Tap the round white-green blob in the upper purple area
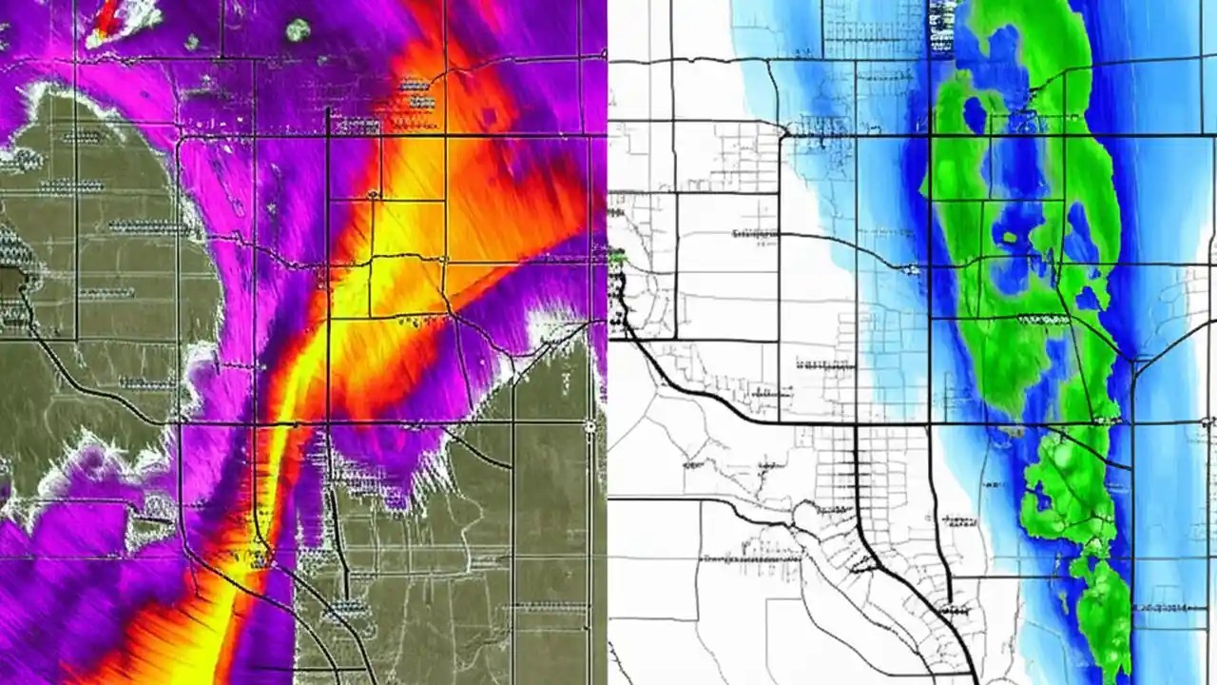pos(299,29)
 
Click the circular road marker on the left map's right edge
pos(590,427)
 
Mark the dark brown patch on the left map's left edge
pos(11,284)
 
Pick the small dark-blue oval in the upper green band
pos(975,115)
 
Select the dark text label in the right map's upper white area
pos(751,233)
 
